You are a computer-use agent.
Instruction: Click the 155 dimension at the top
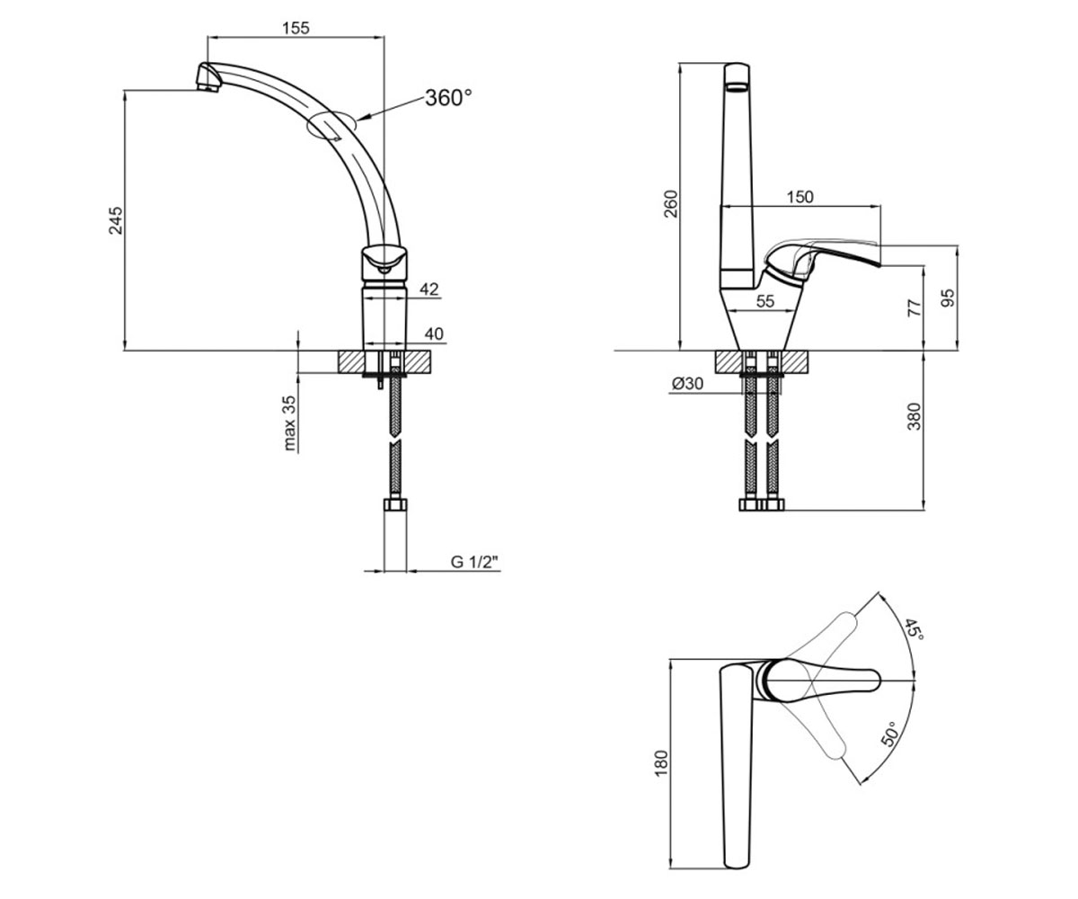point(296,28)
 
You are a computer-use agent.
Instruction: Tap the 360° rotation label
point(448,98)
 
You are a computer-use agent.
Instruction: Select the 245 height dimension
point(116,220)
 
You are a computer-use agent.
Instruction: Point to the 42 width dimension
point(429,289)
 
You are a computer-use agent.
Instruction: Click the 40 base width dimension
point(434,334)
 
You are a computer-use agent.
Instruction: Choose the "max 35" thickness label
point(289,423)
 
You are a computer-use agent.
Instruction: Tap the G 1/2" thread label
point(475,562)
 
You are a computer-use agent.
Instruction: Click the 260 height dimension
point(671,204)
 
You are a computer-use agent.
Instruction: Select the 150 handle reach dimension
point(800,197)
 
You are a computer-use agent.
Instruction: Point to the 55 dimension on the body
point(765,301)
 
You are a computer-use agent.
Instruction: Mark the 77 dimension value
point(915,308)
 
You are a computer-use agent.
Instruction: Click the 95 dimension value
point(948,298)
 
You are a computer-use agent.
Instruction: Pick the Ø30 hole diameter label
point(688,383)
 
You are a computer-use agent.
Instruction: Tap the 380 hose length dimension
point(915,416)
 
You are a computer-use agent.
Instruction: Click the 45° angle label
point(914,629)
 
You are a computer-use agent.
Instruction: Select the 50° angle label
point(889,734)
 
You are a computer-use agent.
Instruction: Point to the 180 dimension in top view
point(661,762)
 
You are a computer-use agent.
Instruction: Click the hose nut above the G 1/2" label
point(395,504)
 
